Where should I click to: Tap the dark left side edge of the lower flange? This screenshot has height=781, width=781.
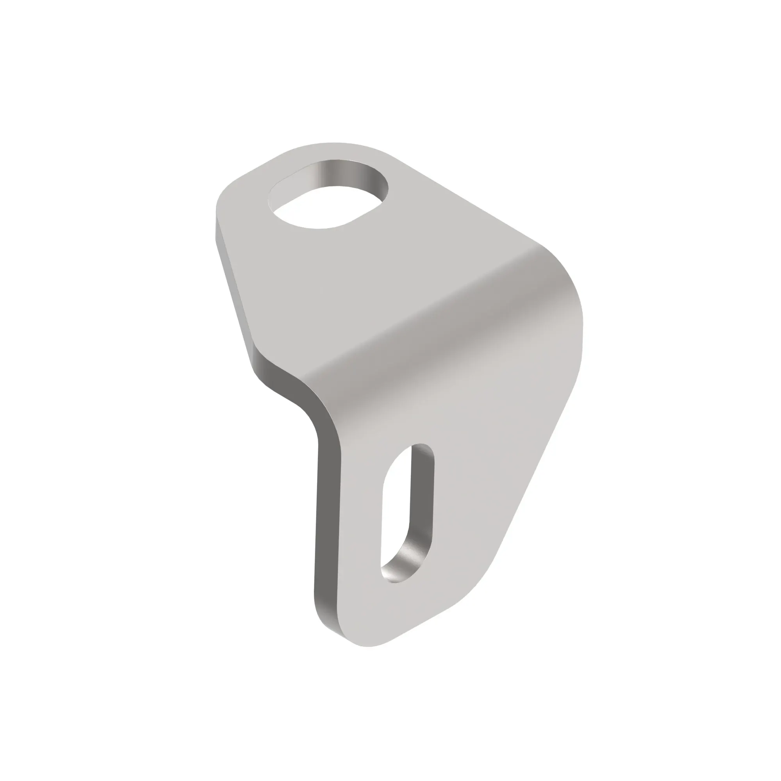(328, 526)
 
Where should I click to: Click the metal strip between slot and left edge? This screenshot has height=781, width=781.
(360, 526)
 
